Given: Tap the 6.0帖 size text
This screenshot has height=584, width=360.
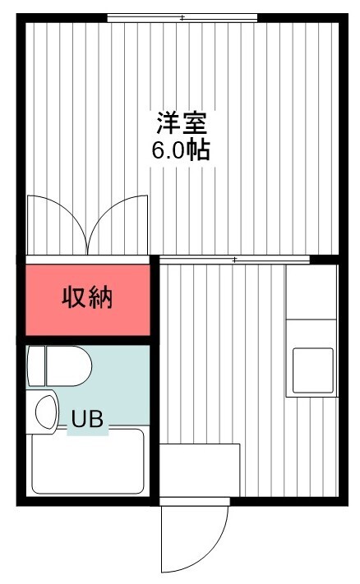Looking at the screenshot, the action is click(181, 149).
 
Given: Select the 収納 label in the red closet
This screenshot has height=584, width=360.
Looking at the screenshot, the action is click(87, 297).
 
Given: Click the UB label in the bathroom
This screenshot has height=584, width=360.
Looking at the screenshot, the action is click(87, 419).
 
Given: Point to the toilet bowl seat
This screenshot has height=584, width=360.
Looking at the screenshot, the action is click(68, 366).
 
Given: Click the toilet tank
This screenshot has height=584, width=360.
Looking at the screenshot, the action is click(36, 366).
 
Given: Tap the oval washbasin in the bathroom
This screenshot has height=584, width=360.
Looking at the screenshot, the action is click(46, 412).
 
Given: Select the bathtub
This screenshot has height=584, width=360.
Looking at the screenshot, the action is click(88, 462).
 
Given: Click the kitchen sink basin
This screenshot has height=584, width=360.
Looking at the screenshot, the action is click(313, 370).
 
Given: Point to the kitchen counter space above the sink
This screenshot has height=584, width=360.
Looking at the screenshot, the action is click(312, 292).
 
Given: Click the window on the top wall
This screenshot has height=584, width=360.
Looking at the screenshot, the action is click(182, 18).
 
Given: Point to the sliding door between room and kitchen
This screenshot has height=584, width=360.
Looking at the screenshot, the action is click(235, 260).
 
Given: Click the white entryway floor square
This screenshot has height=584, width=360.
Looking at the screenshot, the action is click(200, 470).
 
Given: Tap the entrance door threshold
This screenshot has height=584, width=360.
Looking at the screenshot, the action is click(194, 501).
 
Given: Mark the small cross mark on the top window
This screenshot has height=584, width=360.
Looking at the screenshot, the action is click(182, 18).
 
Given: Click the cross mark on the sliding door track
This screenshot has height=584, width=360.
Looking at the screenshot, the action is click(234, 260).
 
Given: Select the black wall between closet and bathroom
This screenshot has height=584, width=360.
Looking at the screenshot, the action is click(88, 340).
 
